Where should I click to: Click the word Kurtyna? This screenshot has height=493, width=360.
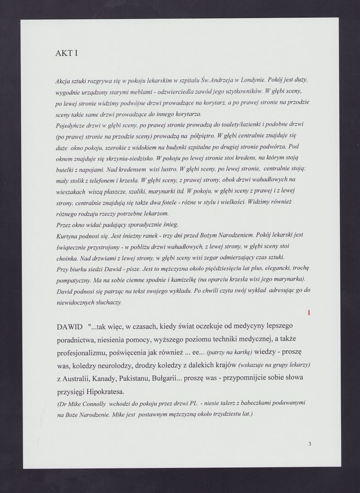point(68,236)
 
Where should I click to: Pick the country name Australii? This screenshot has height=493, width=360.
point(83,379)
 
